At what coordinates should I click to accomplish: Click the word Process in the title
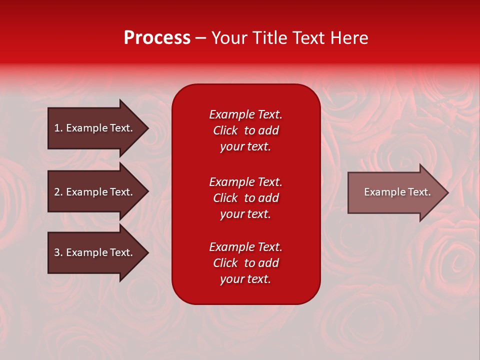coord(157,38)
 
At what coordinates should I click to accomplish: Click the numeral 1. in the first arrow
coord(58,128)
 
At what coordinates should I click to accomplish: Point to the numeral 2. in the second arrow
coord(58,192)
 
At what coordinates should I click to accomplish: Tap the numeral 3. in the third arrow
coord(58,252)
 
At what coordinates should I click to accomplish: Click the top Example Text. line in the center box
coord(245,114)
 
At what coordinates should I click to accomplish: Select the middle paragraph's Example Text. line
coord(245,182)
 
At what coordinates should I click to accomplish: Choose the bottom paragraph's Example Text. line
coord(245,247)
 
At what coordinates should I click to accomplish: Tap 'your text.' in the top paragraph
coord(245,147)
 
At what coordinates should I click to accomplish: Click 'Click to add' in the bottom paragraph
coord(245,263)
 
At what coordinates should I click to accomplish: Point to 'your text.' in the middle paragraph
coord(245,214)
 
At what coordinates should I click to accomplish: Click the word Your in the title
coord(231,38)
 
